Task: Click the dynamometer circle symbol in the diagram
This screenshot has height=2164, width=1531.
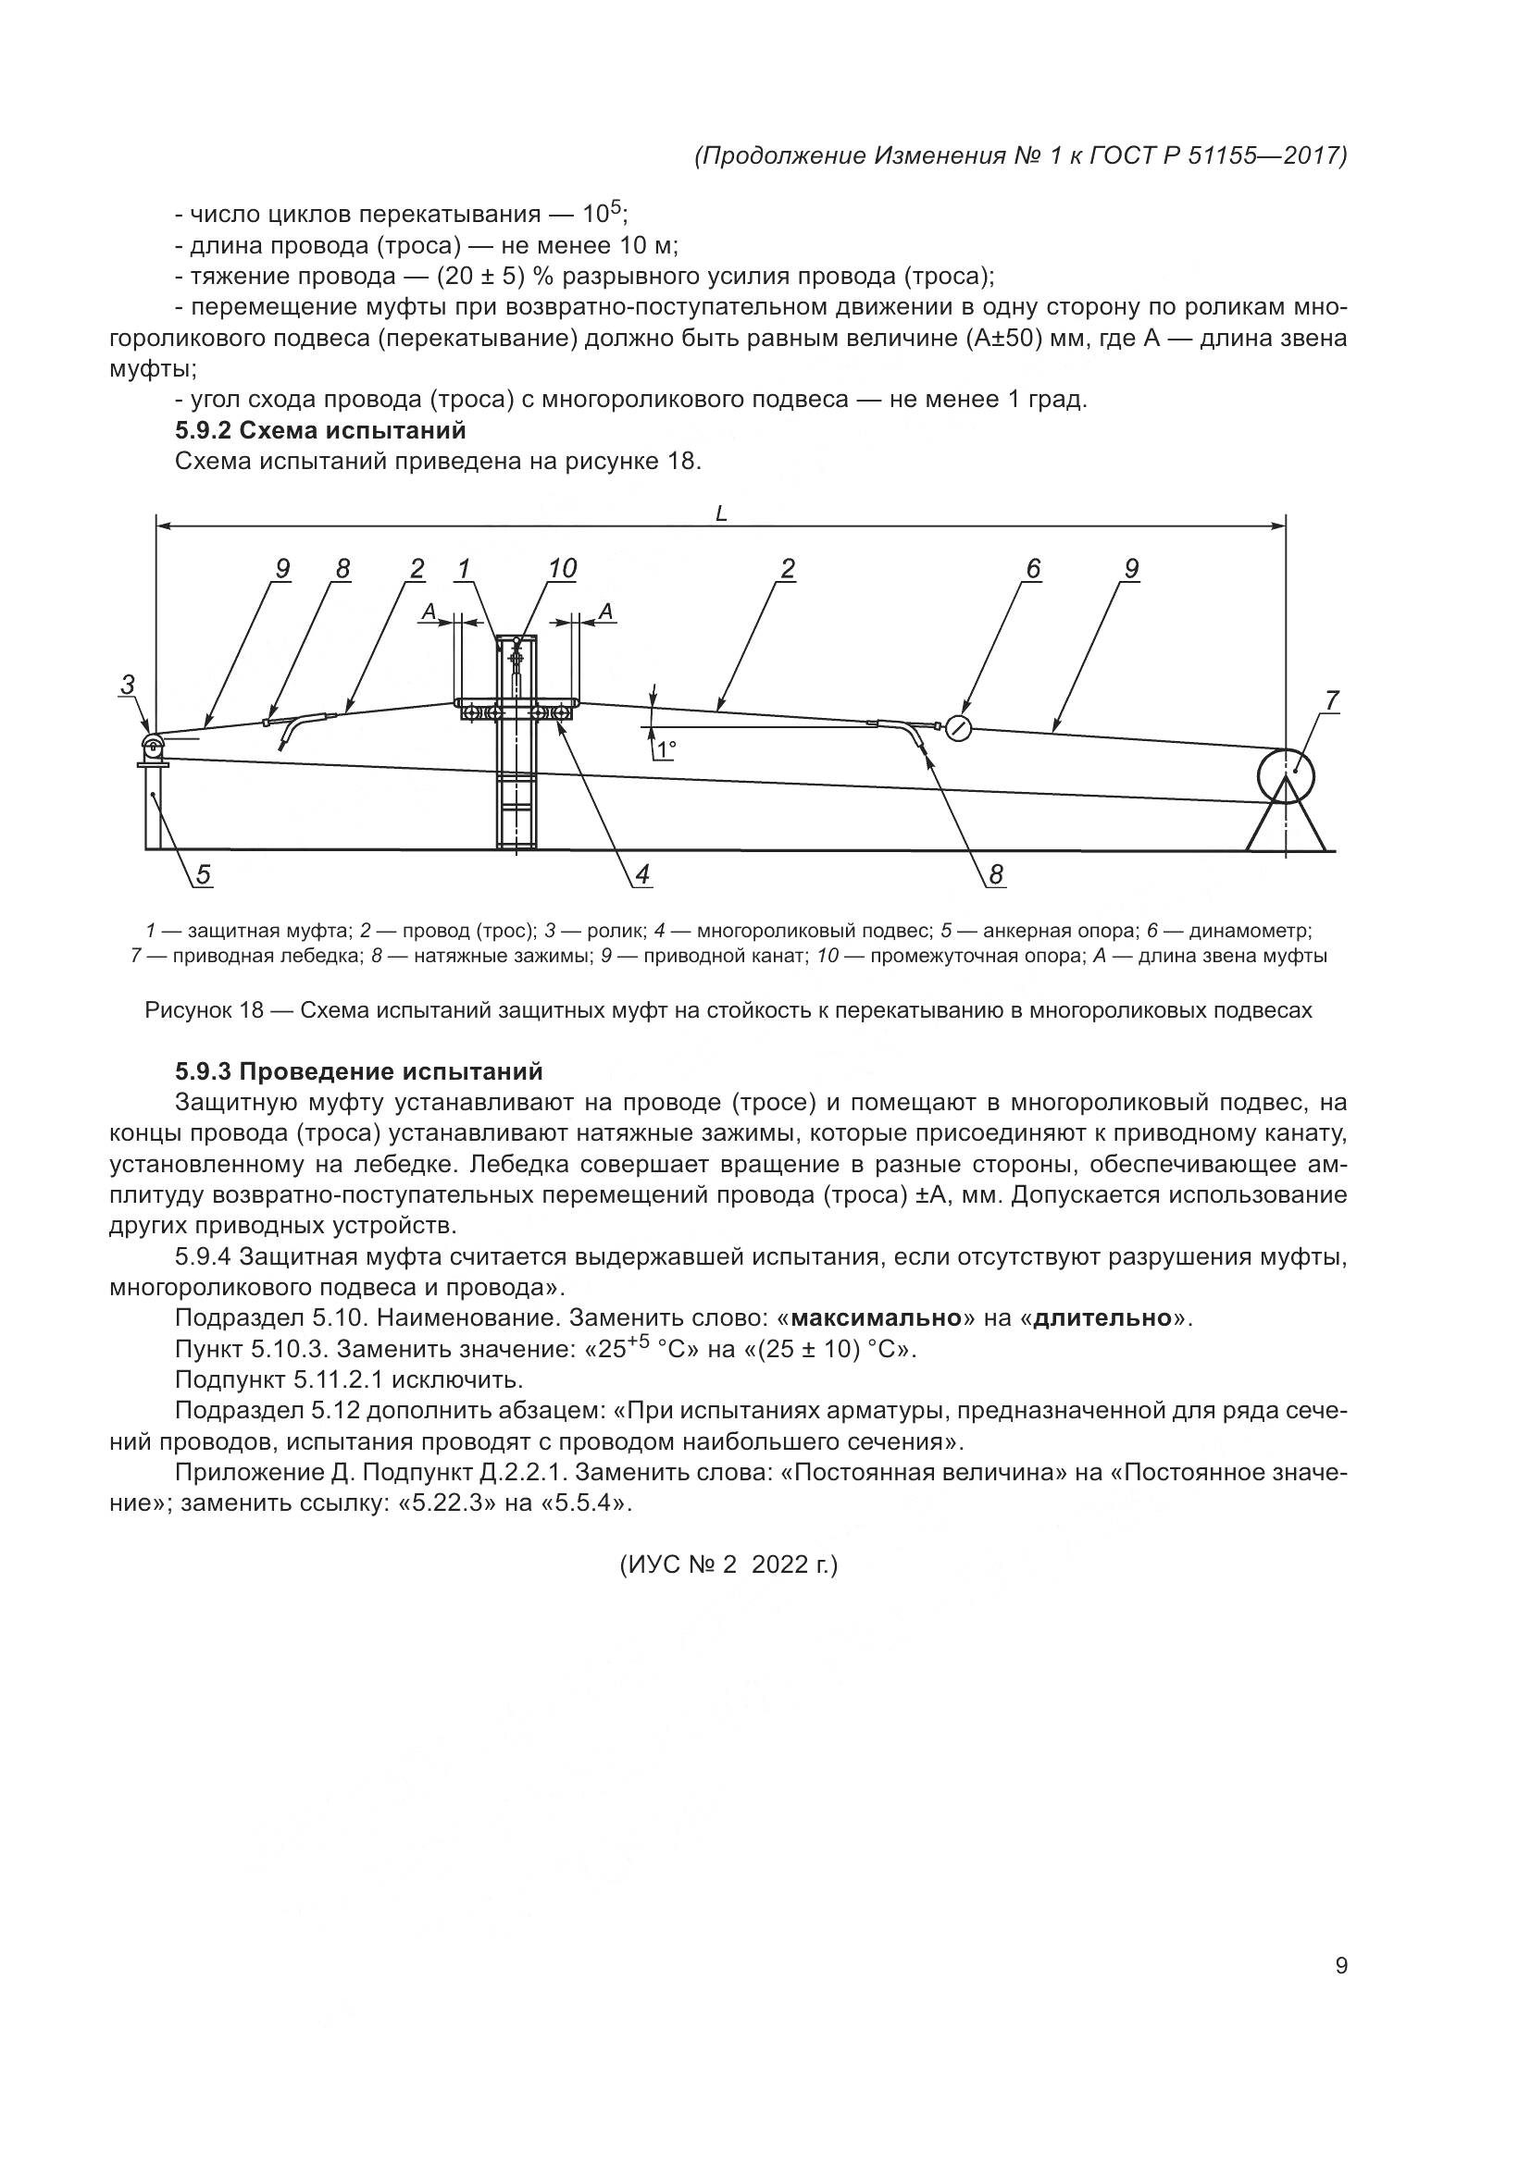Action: [958, 727]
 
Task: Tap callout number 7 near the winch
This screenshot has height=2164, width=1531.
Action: [1331, 701]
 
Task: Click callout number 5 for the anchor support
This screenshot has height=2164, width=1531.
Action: [204, 875]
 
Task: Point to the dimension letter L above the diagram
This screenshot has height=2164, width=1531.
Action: [721, 513]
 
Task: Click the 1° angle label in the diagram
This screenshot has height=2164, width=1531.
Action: [667, 750]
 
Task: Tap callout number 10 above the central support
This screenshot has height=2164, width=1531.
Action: [562, 569]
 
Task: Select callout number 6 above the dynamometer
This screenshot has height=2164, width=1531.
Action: [1033, 569]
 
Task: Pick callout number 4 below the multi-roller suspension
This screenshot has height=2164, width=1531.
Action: [642, 875]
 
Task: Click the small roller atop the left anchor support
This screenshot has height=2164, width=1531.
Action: [153, 746]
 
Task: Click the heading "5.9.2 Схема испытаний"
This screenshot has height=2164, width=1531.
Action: [320, 431]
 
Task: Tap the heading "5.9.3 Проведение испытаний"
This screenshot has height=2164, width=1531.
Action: [358, 1071]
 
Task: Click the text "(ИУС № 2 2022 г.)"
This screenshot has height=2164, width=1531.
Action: [728, 1564]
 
